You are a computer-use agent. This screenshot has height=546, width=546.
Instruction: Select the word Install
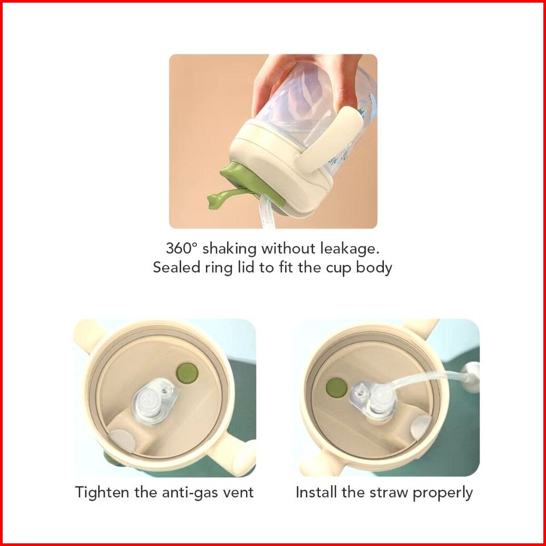coord(317,492)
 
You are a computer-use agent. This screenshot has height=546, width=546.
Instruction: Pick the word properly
coord(442,493)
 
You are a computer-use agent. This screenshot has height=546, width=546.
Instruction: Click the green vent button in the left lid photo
coord(187,373)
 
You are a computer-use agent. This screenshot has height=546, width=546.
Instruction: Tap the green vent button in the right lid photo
coord(336,388)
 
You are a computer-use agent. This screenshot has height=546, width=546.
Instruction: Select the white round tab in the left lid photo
coord(123,441)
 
